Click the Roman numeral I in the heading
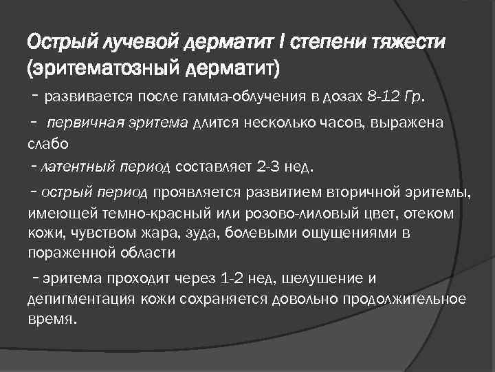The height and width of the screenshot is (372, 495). pos(283,45)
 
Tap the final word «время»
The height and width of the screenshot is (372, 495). pos(50,320)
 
